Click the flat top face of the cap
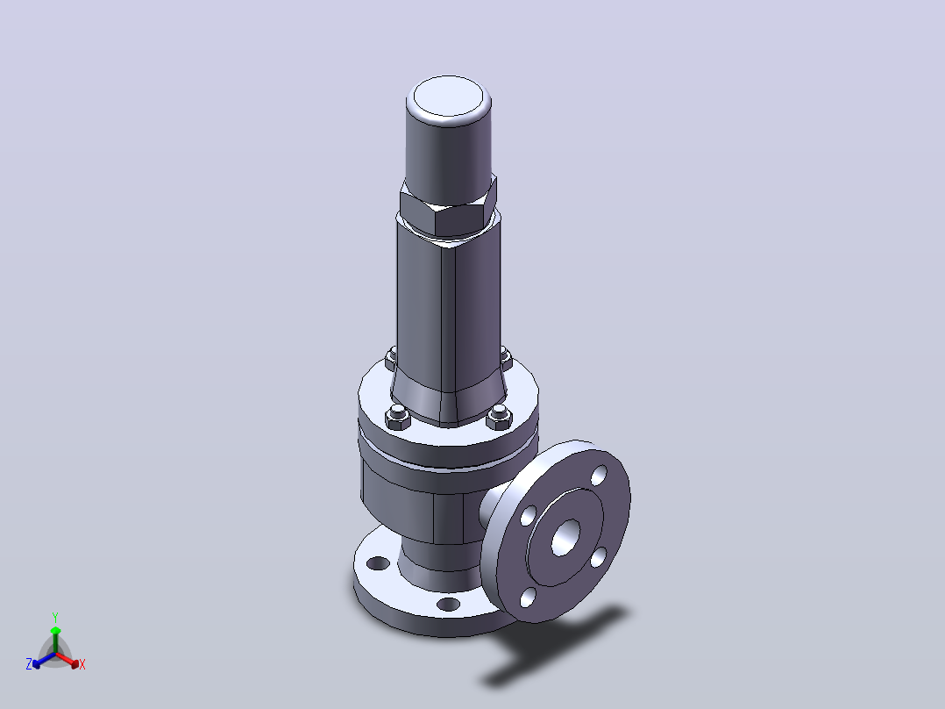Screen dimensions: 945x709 pyautogui.click(x=449, y=96)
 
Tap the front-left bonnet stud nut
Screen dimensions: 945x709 pyautogui.click(x=397, y=416)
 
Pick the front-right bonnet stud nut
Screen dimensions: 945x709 pyautogui.click(x=499, y=416)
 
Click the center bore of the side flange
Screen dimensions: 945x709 pyautogui.click(x=565, y=536)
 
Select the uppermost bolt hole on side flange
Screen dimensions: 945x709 pyautogui.click(x=599, y=475)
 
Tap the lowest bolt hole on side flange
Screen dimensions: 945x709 pyautogui.click(x=528, y=598)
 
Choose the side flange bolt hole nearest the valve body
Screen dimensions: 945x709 pyautogui.click(x=529, y=515)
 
